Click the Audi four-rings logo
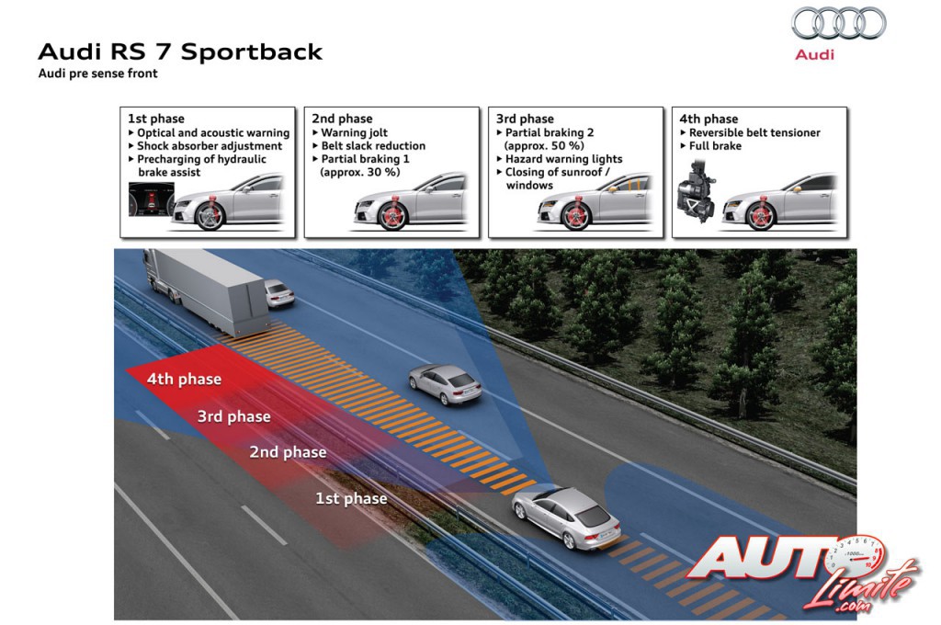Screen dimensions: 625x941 tap(838, 23)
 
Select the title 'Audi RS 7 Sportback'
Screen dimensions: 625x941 tap(180, 51)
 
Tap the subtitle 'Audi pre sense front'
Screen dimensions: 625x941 tap(97, 74)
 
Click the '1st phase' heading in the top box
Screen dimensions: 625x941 tap(155, 119)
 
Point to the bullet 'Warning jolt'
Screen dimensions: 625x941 tap(354, 132)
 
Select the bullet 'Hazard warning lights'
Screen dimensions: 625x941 tap(563, 159)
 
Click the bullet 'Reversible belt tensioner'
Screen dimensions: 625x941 tap(754, 132)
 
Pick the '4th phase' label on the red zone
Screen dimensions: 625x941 tap(184, 379)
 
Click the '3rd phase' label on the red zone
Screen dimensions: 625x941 tap(234, 416)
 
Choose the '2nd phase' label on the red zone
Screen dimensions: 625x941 tap(288, 452)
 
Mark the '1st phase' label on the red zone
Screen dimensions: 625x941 tap(351, 498)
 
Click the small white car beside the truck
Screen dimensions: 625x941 tap(279, 293)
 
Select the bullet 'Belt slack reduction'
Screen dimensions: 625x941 tap(373, 145)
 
